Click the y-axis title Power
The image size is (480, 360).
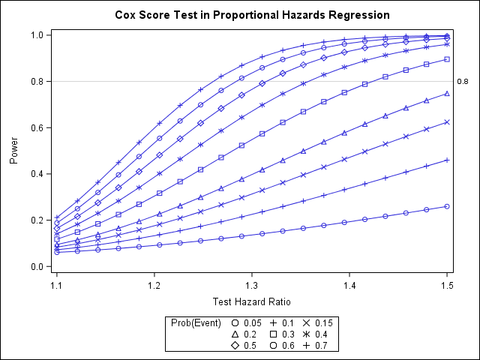click(x=14, y=150)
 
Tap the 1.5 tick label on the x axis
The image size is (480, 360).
click(x=447, y=286)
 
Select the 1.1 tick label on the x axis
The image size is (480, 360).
click(x=56, y=286)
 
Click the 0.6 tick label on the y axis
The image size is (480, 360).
click(x=36, y=127)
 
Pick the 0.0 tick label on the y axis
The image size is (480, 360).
click(x=36, y=266)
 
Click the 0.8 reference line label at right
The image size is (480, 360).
click(x=462, y=81)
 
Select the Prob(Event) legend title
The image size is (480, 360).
click(x=195, y=323)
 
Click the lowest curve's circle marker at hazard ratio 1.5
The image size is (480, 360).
click(x=447, y=206)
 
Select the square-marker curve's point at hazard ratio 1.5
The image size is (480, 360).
click(x=447, y=59)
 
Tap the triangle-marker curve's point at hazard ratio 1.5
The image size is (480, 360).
click(x=447, y=94)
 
